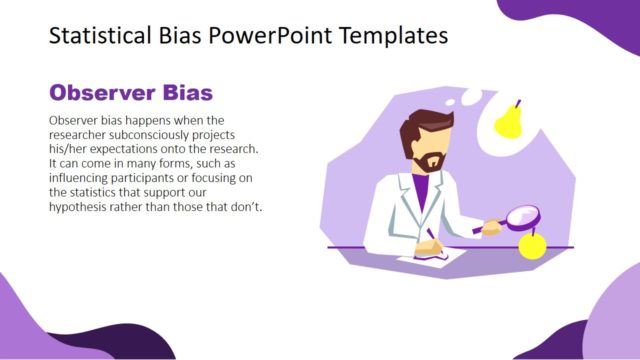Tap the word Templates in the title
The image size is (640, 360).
[x=391, y=36]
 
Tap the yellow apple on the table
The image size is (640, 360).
[x=533, y=245]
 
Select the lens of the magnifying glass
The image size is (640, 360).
[x=522, y=219]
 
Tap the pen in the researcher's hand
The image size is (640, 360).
[x=433, y=236]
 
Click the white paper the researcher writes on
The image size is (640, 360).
[x=446, y=257]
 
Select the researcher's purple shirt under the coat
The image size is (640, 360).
[x=422, y=190]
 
